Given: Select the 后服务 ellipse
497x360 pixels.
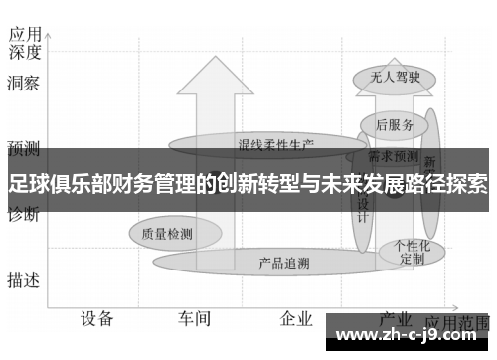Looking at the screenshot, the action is pos(395,124).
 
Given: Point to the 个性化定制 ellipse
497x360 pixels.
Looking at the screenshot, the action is pos(412,251).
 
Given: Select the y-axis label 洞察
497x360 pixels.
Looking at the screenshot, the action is pos(23,84).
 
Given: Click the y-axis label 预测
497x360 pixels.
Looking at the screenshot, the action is pos(23,149).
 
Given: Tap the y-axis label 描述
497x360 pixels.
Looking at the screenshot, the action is pos(23,280).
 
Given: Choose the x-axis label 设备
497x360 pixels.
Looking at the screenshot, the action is pos(97,319).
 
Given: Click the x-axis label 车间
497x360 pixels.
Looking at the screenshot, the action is pos(195,319).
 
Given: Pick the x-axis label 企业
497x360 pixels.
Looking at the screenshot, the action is pos(296,319).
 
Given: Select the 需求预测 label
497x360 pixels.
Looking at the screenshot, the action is pos(394,156).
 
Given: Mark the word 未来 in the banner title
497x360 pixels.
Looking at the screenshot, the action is pos(332,183).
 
